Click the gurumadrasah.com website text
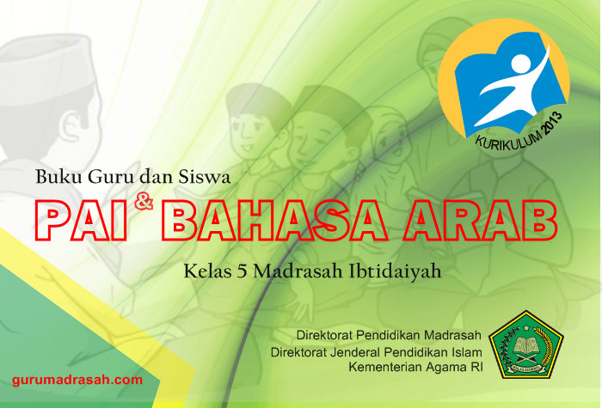click(x=77, y=379)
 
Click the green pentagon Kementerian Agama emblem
click(x=525, y=344)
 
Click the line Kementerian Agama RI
click(x=415, y=367)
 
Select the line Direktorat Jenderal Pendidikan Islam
click(x=376, y=351)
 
